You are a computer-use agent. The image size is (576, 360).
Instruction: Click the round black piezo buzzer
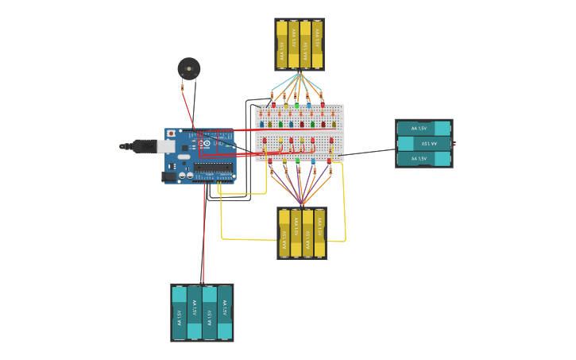(188, 68)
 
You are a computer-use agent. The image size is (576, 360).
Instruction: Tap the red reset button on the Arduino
(171, 133)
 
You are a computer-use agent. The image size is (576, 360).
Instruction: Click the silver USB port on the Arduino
(165, 146)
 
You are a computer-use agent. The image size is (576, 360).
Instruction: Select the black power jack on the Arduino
(168, 176)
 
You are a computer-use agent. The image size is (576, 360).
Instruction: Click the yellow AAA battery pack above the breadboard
(300, 45)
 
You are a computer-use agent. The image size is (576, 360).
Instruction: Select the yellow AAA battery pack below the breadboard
(302, 234)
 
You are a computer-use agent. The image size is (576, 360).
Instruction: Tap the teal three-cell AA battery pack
(424, 143)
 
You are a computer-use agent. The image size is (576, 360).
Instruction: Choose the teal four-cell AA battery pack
(202, 312)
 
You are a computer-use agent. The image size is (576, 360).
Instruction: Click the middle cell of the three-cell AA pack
(424, 143)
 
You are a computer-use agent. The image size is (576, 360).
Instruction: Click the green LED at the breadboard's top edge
(296, 105)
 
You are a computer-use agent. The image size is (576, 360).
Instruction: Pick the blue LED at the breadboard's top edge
(309, 105)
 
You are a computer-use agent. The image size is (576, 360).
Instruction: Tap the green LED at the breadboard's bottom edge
(298, 161)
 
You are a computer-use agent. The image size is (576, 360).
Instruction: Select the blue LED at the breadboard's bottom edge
(313, 161)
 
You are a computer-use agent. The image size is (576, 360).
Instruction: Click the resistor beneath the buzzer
(182, 85)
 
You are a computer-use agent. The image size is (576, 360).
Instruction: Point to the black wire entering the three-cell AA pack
(373, 150)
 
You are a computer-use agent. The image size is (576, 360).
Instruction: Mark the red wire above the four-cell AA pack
(203, 238)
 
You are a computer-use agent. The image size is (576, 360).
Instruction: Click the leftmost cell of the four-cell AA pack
(180, 312)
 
